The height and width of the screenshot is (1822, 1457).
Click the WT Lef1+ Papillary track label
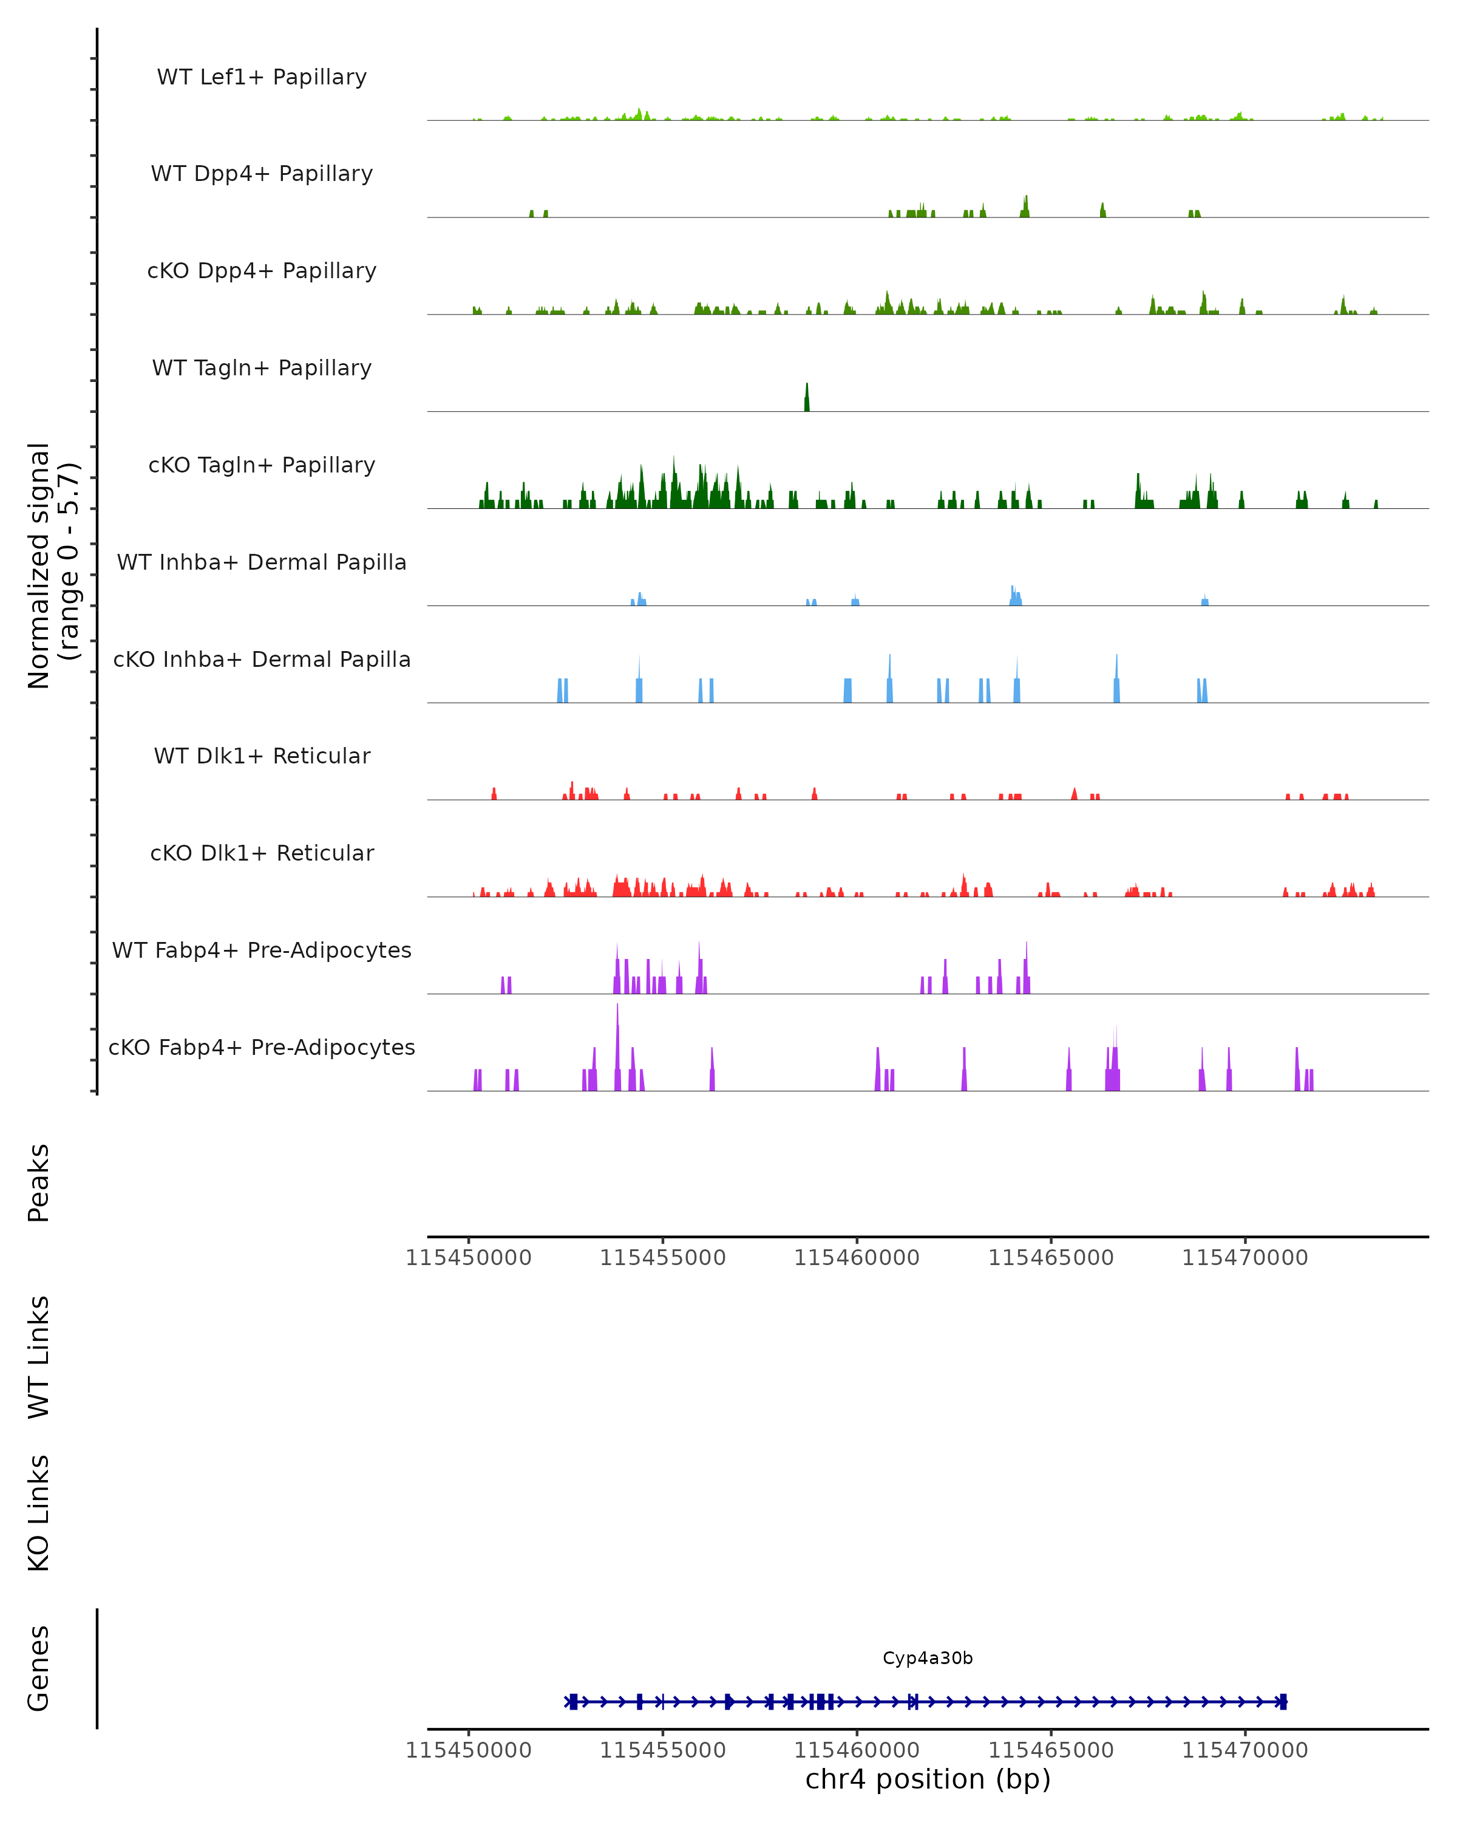[262, 77]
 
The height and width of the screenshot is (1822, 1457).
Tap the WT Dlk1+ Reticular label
[262, 756]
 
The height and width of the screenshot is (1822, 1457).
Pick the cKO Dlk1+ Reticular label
[262, 853]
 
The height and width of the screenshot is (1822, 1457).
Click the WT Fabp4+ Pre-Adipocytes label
[262, 950]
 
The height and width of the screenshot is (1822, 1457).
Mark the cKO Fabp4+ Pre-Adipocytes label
[262, 1047]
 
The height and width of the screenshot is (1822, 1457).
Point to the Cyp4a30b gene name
[928, 1658]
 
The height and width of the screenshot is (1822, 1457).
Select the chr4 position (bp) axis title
[928, 1779]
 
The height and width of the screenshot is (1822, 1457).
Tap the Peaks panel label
[39, 1182]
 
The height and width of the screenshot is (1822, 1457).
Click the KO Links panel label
[39, 1513]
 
